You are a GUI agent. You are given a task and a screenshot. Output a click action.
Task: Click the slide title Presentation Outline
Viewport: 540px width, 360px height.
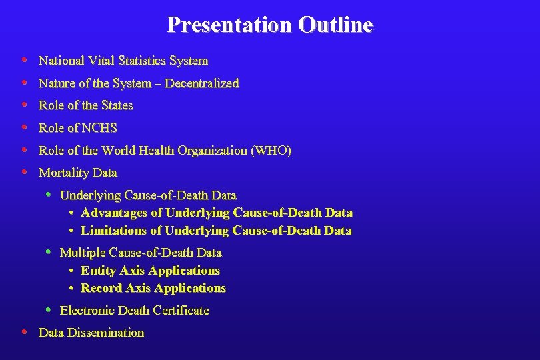coord(270,25)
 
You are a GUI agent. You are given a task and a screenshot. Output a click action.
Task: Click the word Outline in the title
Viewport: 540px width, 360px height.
coord(336,25)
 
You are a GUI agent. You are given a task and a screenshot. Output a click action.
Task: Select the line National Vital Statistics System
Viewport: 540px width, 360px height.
coord(123,61)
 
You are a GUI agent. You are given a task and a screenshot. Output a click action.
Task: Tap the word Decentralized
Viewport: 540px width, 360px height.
coord(201,83)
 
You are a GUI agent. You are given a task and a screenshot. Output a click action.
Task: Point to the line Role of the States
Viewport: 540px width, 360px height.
coord(86,105)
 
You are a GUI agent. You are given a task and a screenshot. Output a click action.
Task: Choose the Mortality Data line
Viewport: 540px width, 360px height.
coord(78,173)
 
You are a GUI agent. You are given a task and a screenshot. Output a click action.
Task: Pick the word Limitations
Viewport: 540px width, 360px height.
coord(113,231)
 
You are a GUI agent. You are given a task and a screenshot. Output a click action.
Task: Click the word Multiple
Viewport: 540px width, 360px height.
coord(82,253)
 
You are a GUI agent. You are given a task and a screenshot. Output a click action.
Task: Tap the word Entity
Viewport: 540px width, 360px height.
coord(97,271)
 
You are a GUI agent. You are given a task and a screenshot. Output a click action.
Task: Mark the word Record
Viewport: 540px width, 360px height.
coord(99,288)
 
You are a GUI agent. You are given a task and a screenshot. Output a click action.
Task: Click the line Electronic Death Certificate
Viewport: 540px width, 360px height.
coord(135,310)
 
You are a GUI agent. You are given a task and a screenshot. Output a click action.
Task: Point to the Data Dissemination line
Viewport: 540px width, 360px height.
coord(91,332)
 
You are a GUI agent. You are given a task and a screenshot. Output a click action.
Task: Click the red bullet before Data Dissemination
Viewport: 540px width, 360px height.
coord(24,332)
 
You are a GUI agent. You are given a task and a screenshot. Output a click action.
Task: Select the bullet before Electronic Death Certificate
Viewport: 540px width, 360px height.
coord(49,309)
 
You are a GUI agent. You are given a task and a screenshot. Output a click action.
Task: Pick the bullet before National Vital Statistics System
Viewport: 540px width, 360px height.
coord(24,60)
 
